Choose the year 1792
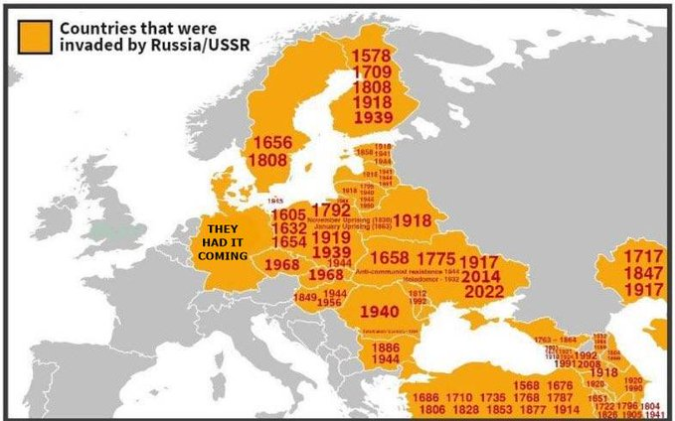tap(330, 210)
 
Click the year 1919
tap(331, 238)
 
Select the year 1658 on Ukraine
tap(389, 258)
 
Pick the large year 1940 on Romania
tap(378, 311)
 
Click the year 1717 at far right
tap(635, 256)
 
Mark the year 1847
tap(635, 273)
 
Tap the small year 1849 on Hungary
tap(305, 298)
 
